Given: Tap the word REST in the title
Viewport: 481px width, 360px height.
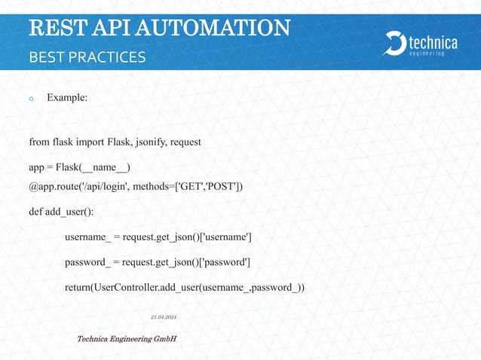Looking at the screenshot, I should point(51,28).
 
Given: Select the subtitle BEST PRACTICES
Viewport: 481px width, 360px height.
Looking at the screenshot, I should point(87,57).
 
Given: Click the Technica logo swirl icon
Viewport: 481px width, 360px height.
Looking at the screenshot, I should point(394,44).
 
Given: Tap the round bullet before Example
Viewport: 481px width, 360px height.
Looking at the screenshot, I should point(32,99).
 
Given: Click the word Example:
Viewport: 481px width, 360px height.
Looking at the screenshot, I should point(67,98).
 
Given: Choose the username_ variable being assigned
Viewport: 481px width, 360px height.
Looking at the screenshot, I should point(87,237).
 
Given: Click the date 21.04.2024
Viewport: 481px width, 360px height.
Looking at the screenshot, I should point(164,317).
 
